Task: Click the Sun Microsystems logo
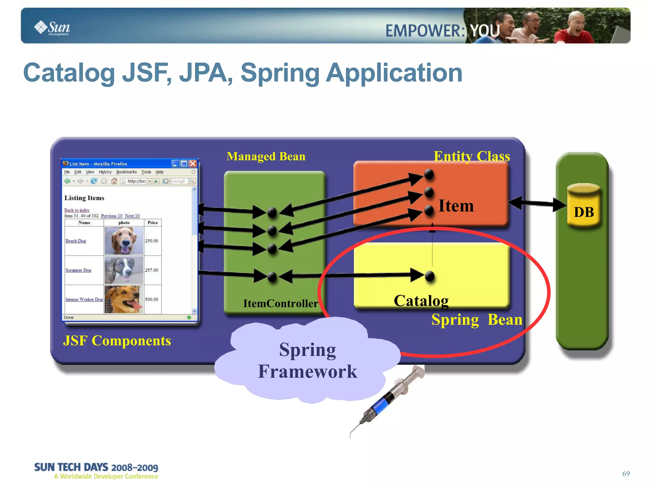pos(52,28)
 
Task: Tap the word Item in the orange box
pos(456,205)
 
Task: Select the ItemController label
pos(281,303)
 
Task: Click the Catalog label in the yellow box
pos(421,300)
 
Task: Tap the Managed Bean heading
pos(266,156)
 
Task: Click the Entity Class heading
pos(472,156)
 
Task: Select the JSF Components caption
pos(117,341)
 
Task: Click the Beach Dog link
pos(76,241)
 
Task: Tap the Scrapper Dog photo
pos(124,270)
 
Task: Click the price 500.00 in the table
pos(151,299)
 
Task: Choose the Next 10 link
pos(132,216)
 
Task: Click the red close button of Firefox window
pos(193,164)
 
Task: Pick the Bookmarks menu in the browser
pos(126,172)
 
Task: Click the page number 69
pos(626,474)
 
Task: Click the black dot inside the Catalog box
pos(430,276)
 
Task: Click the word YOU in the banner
pos(485,31)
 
